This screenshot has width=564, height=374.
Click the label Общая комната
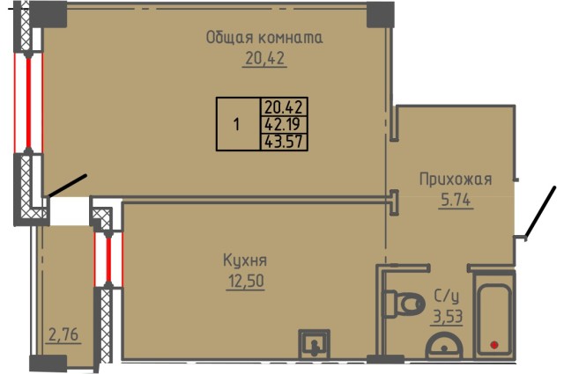click(264, 38)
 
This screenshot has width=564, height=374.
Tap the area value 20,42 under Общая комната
click(264, 59)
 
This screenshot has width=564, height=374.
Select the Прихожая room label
click(455, 180)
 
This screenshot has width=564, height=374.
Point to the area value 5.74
click(455, 200)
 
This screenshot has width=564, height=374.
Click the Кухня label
click(245, 261)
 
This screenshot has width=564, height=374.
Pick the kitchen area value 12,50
click(245, 282)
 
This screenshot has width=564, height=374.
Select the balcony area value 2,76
click(63, 334)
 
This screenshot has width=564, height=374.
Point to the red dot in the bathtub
click(494, 344)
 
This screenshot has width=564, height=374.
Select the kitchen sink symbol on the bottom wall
click(313, 342)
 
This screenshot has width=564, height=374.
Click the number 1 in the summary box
click(236, 124)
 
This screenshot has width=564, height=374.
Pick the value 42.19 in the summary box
click(284, 124)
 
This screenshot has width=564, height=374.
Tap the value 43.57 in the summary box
click(284, 140)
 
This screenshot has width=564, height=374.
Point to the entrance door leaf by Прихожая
click(540, 212)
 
